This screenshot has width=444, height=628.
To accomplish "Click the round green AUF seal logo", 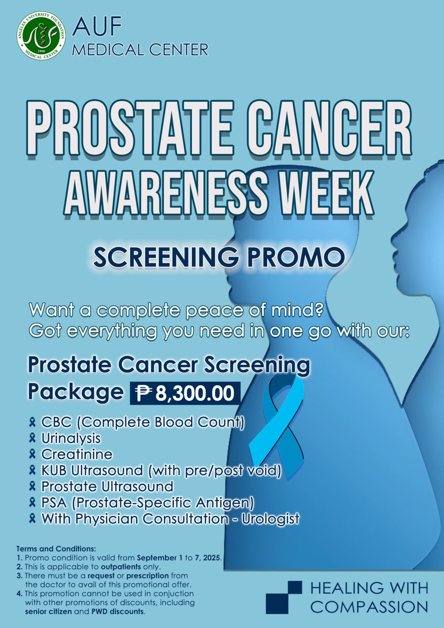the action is coord(41,36).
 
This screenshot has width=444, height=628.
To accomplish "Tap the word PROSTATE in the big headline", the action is coord(131,129).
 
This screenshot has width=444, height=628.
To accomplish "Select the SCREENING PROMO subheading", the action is coord(219,257).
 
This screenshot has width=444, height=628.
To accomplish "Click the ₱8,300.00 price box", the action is coord(185,393).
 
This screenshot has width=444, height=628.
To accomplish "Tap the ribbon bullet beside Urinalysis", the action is coord(32,438).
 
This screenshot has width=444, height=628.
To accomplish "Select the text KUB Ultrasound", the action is coord(92,470).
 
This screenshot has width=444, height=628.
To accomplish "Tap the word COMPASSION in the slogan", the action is coord(369,607).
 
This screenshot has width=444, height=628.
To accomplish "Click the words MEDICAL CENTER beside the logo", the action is coord(140,50).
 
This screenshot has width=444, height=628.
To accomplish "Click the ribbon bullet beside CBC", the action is coord(32,422).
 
